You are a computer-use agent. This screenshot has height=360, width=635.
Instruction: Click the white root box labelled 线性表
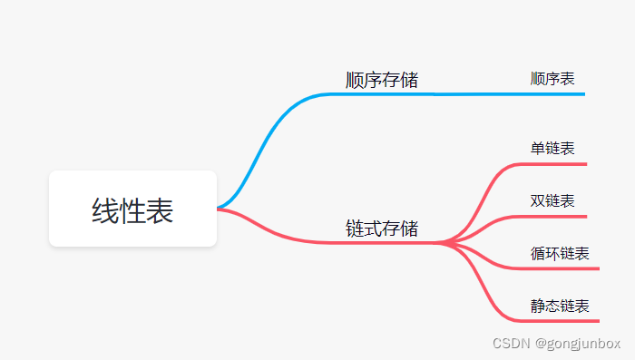click(132, 209)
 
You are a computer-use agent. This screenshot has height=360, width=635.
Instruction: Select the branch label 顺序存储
click(382, 80)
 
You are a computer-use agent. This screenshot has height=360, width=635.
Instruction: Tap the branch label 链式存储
click(382, 228)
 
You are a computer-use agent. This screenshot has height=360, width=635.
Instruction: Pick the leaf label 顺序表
click(552, 79)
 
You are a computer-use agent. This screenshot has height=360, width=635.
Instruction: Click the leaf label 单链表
click(552, 148)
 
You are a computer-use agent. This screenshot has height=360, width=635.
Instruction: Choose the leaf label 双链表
click(552, 200)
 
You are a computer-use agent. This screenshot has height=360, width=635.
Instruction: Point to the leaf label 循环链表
click(560, 253)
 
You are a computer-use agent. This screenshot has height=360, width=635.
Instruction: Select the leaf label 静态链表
click(560, 306)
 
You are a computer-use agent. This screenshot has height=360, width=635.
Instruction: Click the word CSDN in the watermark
click(510, 344)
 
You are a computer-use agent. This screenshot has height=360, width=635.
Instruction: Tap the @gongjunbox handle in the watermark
click(577, 344)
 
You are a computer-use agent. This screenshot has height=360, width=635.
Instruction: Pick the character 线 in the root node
click(105, 210)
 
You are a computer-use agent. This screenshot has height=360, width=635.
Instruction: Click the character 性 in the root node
click(132, 210)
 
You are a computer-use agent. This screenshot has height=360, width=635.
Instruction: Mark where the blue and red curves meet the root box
click(219, 209)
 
